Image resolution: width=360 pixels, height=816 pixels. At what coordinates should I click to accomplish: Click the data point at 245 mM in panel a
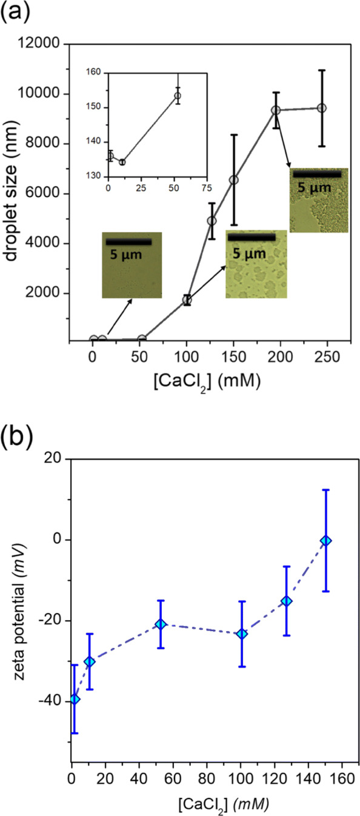pos(322,108)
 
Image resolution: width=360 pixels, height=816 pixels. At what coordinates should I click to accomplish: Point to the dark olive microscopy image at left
pos(132,265)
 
